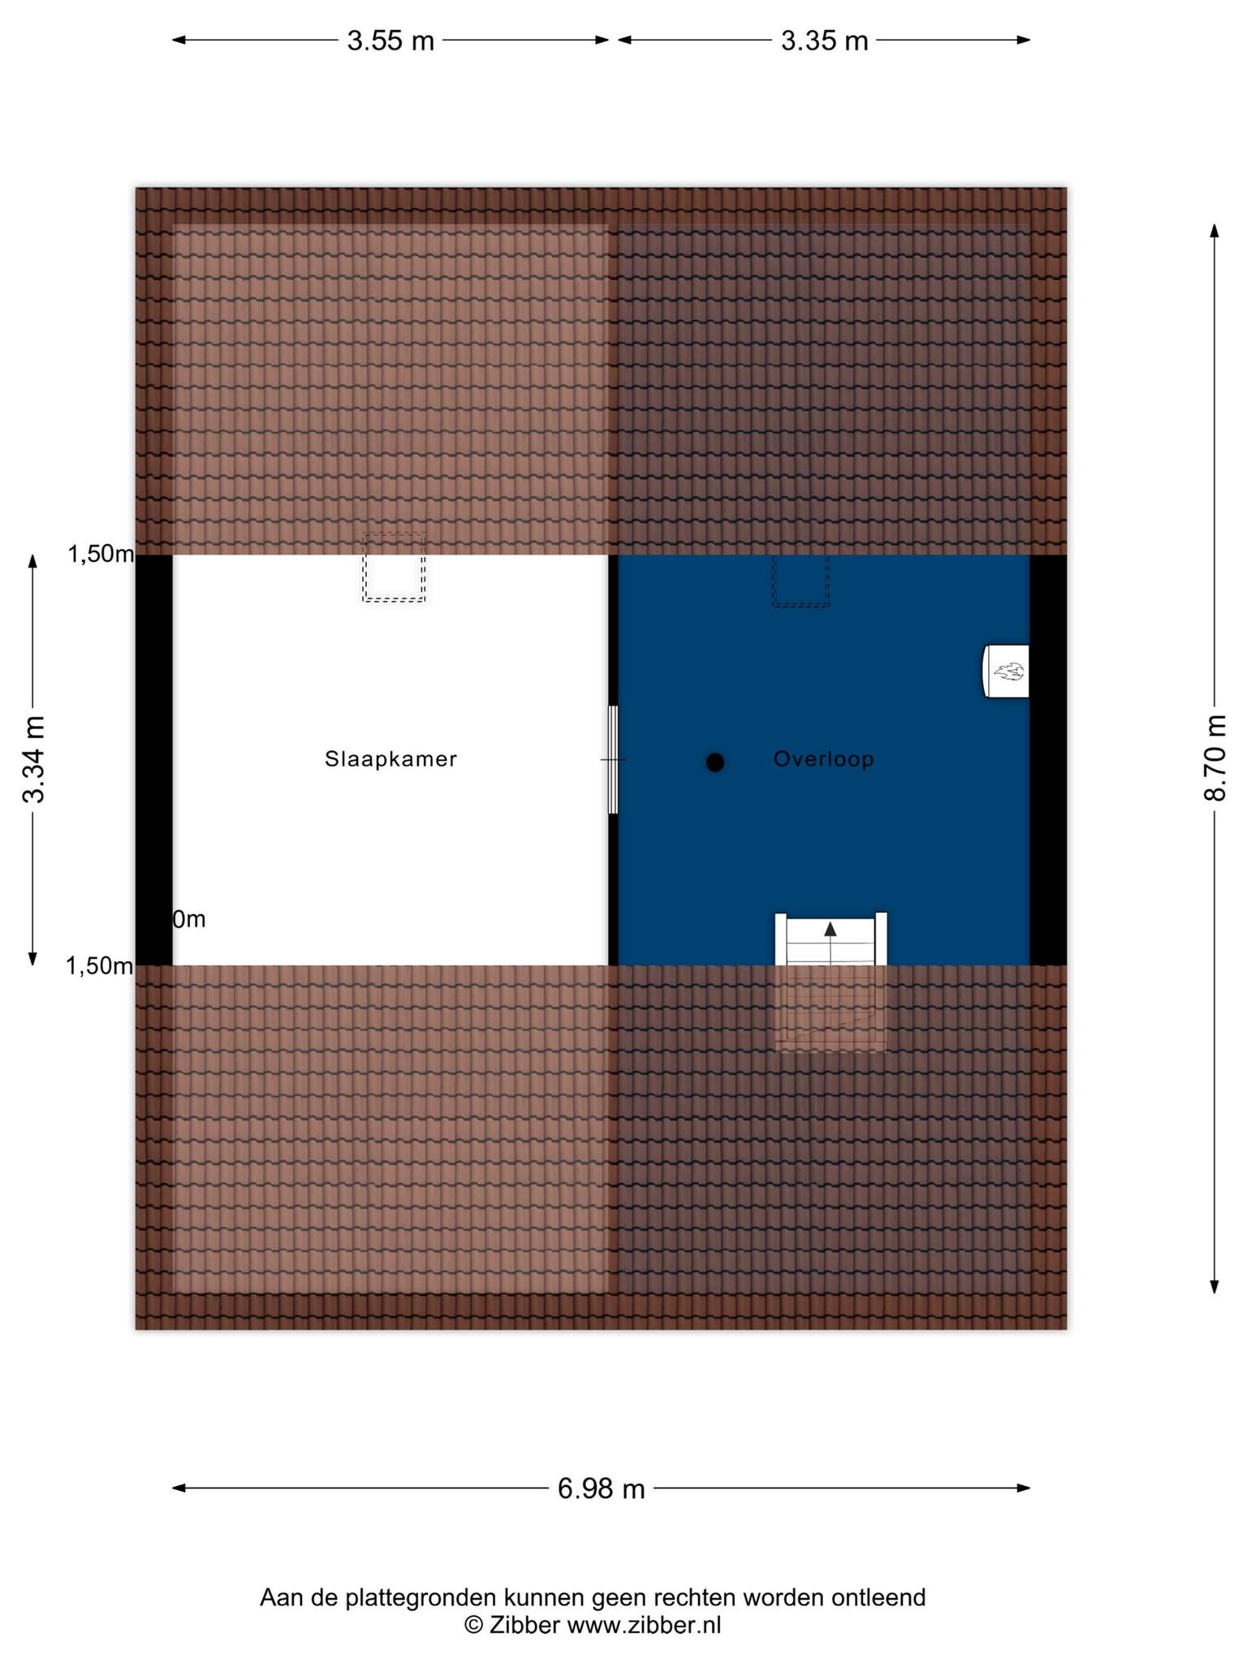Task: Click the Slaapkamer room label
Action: click(390, 759)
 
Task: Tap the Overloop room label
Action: click(823, 759)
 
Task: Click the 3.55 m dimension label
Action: click(390, 41)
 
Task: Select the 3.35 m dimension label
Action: click(824, 41)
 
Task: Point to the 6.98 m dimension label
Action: click(601, 1488)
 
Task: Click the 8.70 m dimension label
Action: click(1215, 758)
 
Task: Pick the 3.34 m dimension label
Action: click(34, 759)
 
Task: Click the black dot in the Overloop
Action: click(714, 762)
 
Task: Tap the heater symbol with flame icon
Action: click(1007, 672)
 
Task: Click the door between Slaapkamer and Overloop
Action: click(613, 760)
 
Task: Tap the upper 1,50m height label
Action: click(101, 555)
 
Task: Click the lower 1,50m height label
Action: click(100, 965)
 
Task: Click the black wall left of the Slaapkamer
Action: click(153, 760)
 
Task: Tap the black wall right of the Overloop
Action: click(1048, 760)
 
